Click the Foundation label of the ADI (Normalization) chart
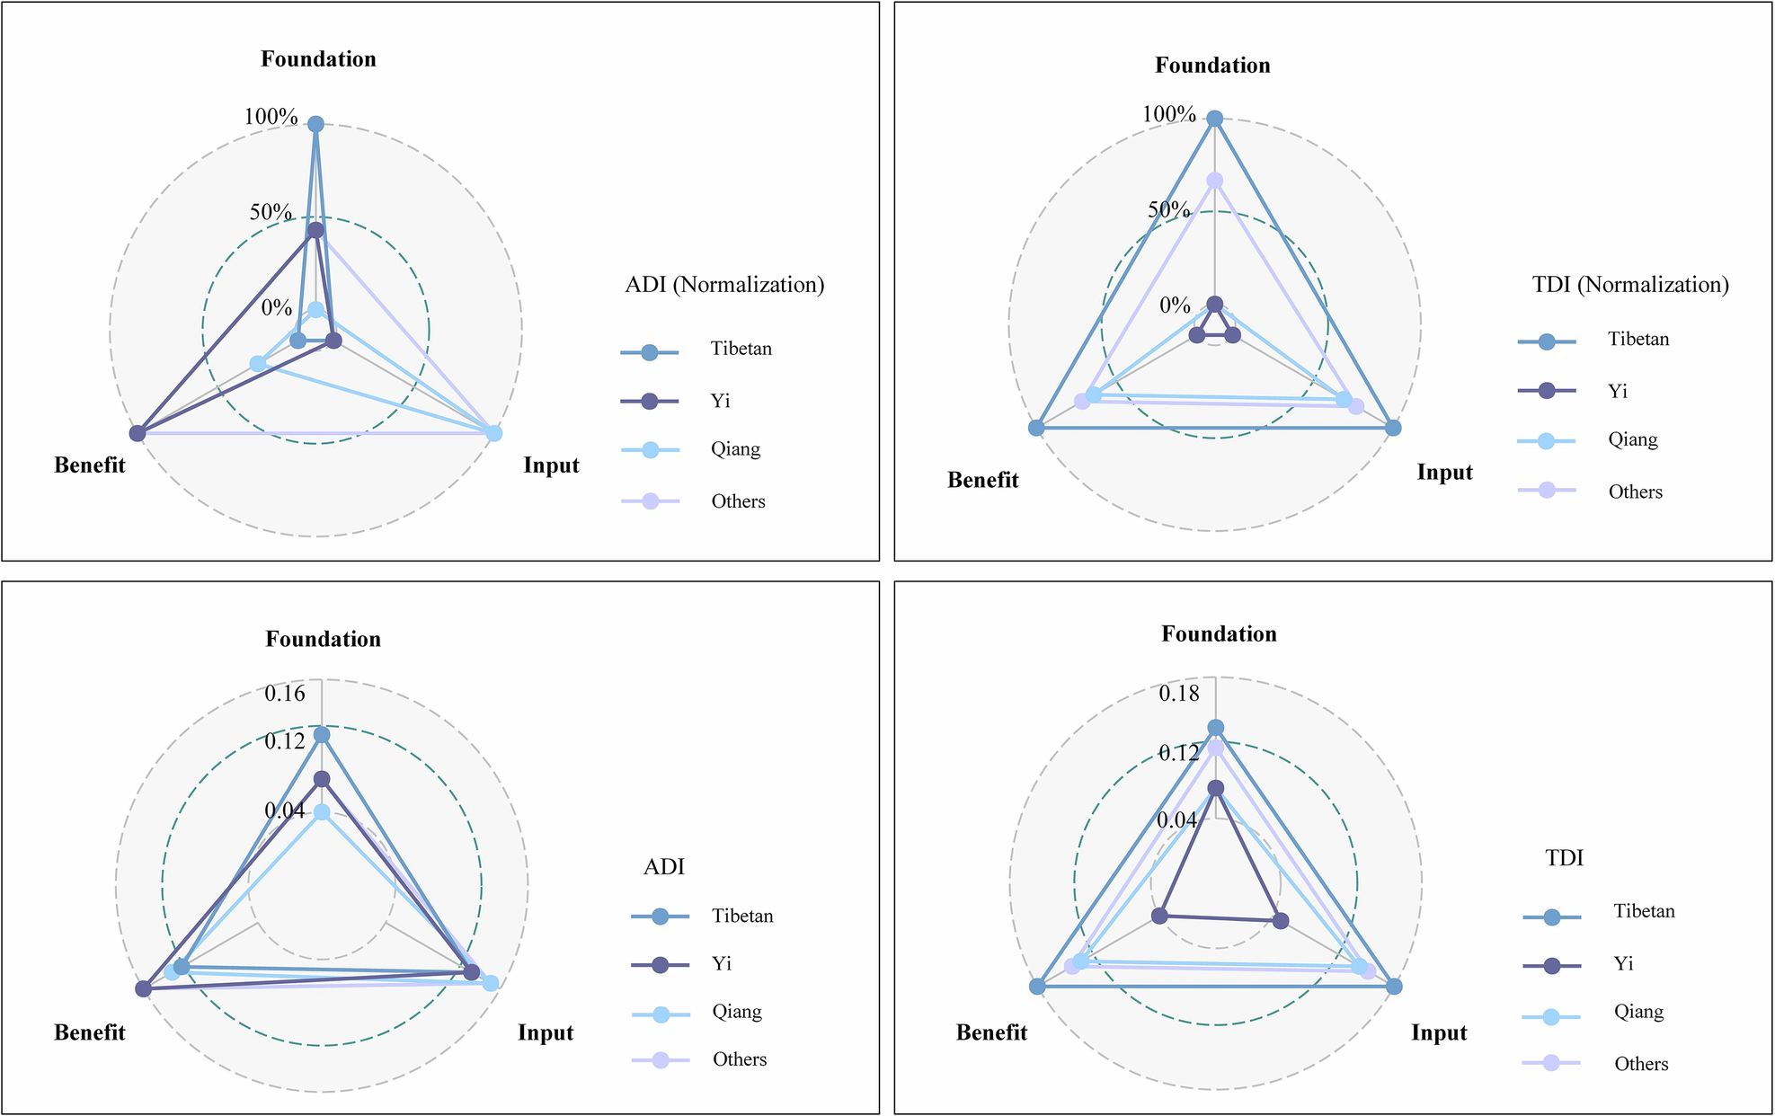318,59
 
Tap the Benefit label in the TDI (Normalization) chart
982,480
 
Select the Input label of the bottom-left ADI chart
545,1032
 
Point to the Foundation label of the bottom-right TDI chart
1219,634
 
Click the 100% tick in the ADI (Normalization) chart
271,117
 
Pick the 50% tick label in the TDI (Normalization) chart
1168,210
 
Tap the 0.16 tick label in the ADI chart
285,693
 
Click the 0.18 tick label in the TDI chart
1178,693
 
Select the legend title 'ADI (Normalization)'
724,285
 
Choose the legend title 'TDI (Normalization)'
1630,285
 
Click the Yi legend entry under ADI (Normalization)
720,401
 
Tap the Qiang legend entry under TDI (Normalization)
1632,439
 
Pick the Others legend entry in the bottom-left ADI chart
739,1059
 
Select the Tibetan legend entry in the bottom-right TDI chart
1644,911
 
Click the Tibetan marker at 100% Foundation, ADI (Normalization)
315,124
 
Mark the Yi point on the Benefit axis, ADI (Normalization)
138,433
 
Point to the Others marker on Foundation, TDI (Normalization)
1215,181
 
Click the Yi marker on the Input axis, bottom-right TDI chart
1281,920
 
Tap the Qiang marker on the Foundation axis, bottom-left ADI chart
322,812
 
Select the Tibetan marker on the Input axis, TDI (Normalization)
1393,428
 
